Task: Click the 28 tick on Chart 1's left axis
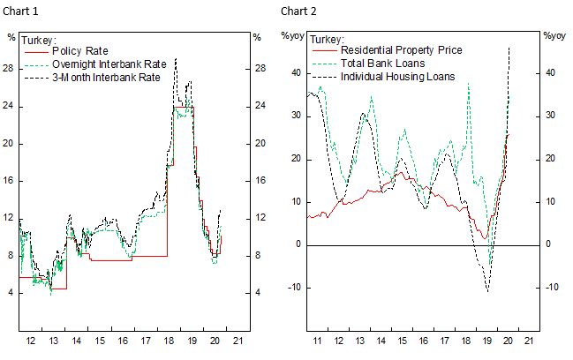[11, 68]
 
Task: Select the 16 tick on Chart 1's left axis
[11, 180]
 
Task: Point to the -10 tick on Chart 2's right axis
[548, 287]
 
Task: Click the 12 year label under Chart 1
[33, 341]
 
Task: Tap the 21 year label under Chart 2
[527, 341]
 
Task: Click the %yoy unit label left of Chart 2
[292, 36]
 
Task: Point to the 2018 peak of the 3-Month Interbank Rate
[176, 59]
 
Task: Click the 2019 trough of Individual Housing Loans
[486, 290]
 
